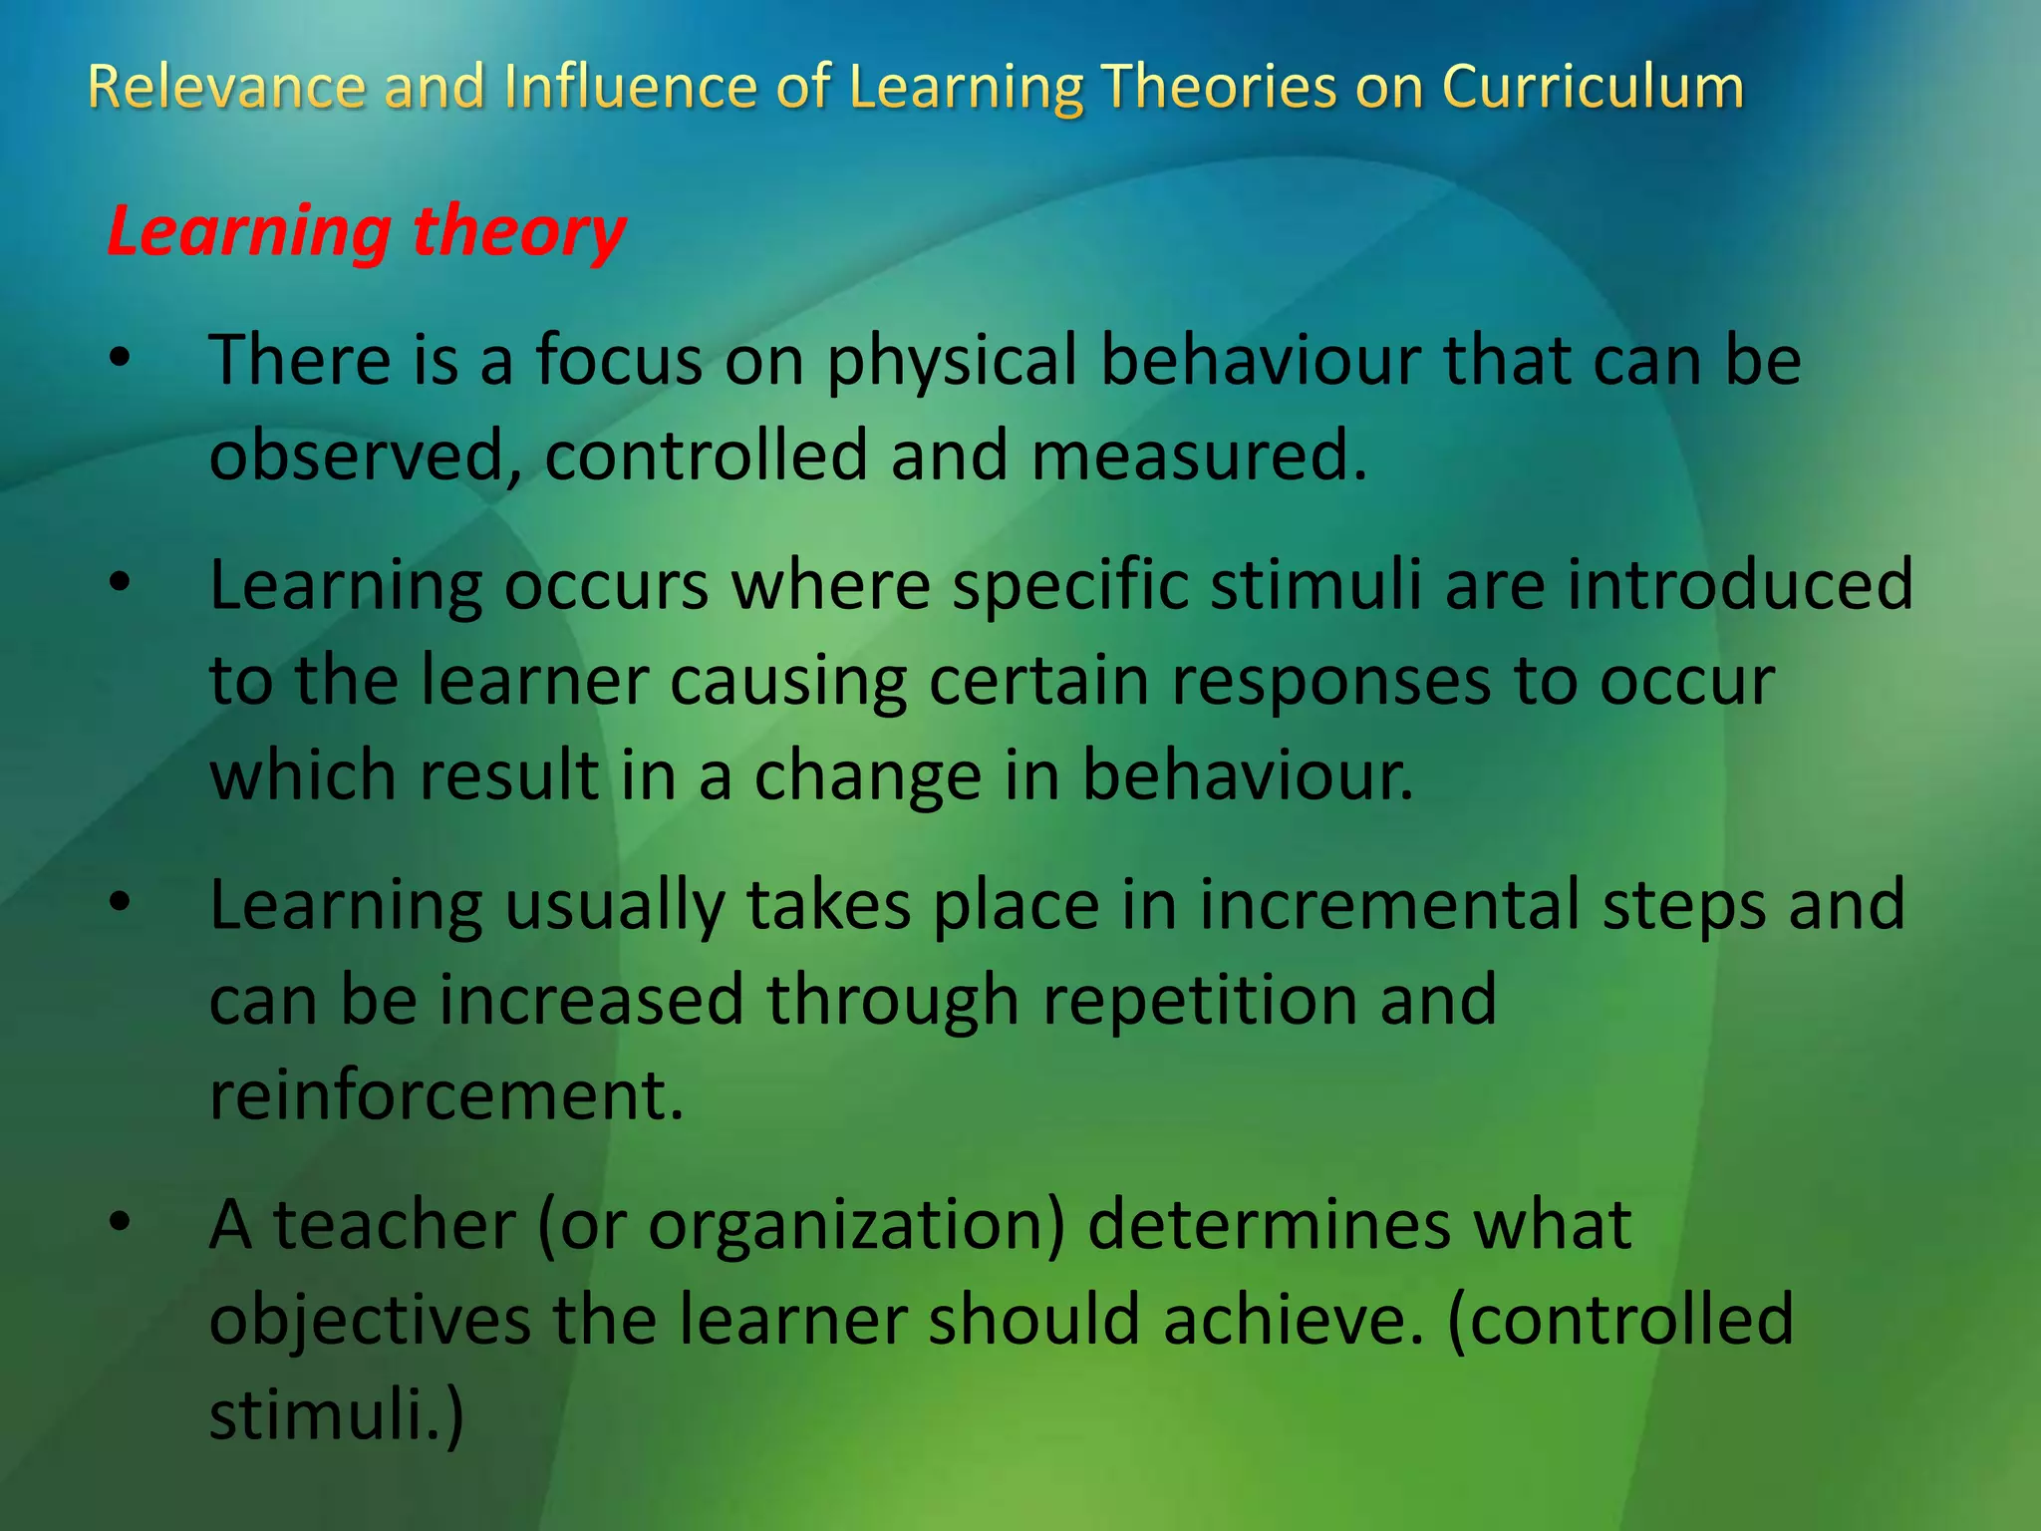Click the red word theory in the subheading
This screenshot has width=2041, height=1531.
(x=518, y=232)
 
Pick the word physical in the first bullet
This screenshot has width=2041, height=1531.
(x=952, y=360)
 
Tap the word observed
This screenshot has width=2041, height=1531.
(x=365, y=456)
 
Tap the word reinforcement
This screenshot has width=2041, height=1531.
(x=445, y=1095)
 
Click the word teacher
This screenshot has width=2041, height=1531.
(x=395, y=1225)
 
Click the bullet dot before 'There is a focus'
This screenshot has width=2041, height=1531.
(x=121, y=360)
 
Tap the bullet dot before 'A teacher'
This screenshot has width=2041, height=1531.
(x=121, y=1225)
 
